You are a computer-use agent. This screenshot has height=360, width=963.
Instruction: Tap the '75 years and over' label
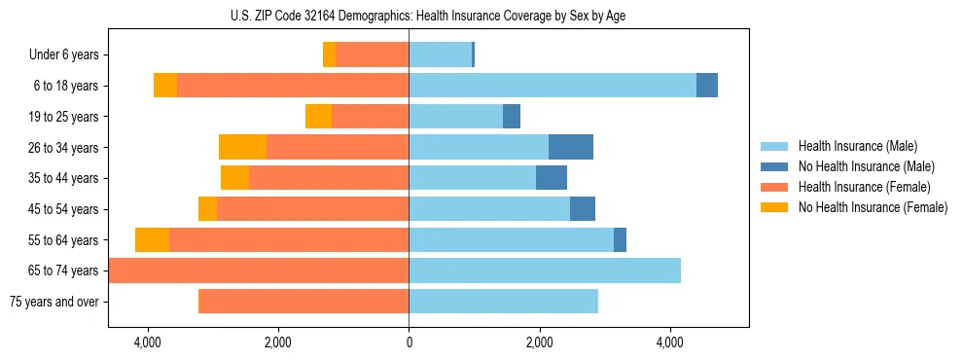point(54,302)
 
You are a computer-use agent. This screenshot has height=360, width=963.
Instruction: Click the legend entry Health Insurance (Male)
point(857,146)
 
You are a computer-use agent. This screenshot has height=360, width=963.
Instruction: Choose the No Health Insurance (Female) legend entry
point(873,207)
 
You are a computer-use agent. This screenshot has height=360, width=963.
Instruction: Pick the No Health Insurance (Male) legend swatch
point(774,166)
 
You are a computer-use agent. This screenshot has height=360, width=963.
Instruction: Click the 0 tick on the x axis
point(409,342)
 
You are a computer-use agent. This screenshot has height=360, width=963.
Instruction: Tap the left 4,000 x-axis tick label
point(148,342)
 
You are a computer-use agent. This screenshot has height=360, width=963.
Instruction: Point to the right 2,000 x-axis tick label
point(539,342)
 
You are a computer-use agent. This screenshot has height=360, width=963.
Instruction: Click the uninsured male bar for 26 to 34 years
point(571,147)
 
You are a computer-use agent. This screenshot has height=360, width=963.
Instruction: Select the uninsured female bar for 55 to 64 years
point(152,240)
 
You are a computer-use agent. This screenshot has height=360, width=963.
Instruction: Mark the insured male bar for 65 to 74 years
point(545,270)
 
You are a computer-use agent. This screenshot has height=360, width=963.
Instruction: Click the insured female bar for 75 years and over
point(303,302)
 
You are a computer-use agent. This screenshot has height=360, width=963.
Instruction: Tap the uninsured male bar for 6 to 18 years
point(707,86)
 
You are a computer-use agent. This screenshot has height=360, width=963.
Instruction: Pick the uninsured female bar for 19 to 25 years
point(318,117)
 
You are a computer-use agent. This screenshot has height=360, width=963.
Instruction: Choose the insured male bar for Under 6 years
point(440,55)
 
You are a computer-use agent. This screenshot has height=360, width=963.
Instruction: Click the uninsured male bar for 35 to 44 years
point(552,178)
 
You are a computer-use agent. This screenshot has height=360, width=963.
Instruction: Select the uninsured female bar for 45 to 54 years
point(207,209)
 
